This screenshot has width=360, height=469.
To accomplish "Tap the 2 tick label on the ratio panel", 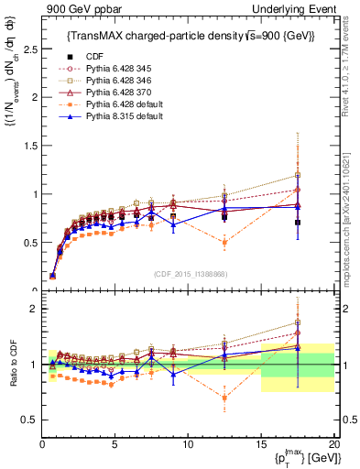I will (33, 309).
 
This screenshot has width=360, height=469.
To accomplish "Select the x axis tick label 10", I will (188, 444).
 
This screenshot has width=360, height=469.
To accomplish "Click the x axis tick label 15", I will (261, 444).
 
